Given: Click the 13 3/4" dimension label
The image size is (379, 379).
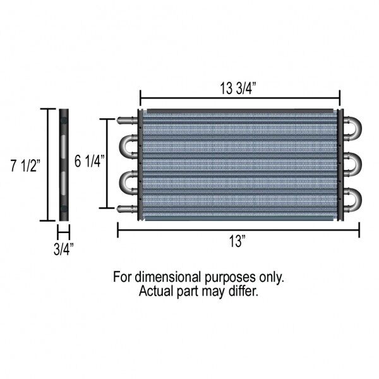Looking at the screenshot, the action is [238, 88].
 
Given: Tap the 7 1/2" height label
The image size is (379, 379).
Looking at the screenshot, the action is [25, 165].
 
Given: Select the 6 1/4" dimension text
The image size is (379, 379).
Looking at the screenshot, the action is [90, 161].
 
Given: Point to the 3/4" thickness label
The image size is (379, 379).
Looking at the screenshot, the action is [64, 250].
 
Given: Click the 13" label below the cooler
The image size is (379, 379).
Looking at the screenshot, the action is [238, 241].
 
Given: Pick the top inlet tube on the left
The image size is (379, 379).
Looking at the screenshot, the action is [127, 120].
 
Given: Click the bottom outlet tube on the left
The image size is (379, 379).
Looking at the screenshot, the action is [127, 209].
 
